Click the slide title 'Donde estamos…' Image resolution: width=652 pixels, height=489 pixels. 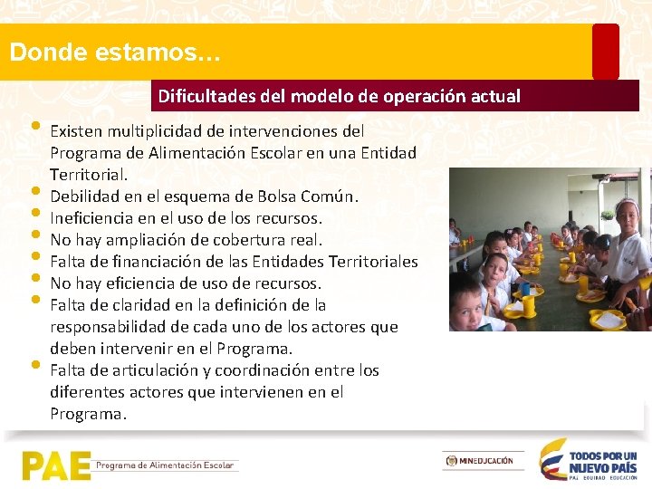click(114, 52)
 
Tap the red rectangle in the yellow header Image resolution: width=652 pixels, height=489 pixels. click(605, 52)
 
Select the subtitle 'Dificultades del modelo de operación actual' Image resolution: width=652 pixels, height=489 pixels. click(339, 96)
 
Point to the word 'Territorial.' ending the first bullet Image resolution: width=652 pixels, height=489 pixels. click(89, 175)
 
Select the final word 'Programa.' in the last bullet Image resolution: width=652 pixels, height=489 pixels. click(89, 414)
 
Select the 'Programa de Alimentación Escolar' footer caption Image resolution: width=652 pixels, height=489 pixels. click(166, 465)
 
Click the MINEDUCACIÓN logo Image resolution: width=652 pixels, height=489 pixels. click(483, 461)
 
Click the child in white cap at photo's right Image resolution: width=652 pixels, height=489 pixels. click(628, 244)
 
